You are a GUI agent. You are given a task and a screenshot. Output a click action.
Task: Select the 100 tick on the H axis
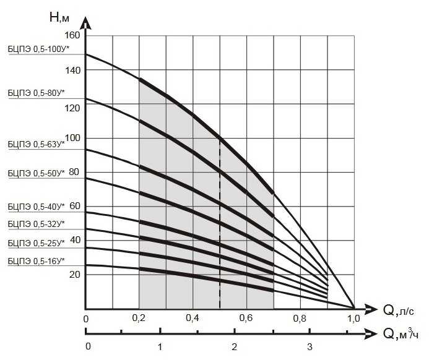click(72, 138)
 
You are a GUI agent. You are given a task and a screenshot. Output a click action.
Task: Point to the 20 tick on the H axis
click(74, 275)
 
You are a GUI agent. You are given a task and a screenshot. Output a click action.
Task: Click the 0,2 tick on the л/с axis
click(140, 319)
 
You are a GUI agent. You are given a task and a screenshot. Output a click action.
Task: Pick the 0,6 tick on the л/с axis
click(247, 319)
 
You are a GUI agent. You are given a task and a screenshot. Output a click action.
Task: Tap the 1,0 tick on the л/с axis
click(354, 319)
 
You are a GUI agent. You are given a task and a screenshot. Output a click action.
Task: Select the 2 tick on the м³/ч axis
click(234, 346)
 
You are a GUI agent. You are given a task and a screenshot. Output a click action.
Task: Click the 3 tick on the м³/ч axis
click(310, 346)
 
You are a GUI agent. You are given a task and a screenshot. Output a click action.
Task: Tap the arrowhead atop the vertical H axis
click(85, 24)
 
